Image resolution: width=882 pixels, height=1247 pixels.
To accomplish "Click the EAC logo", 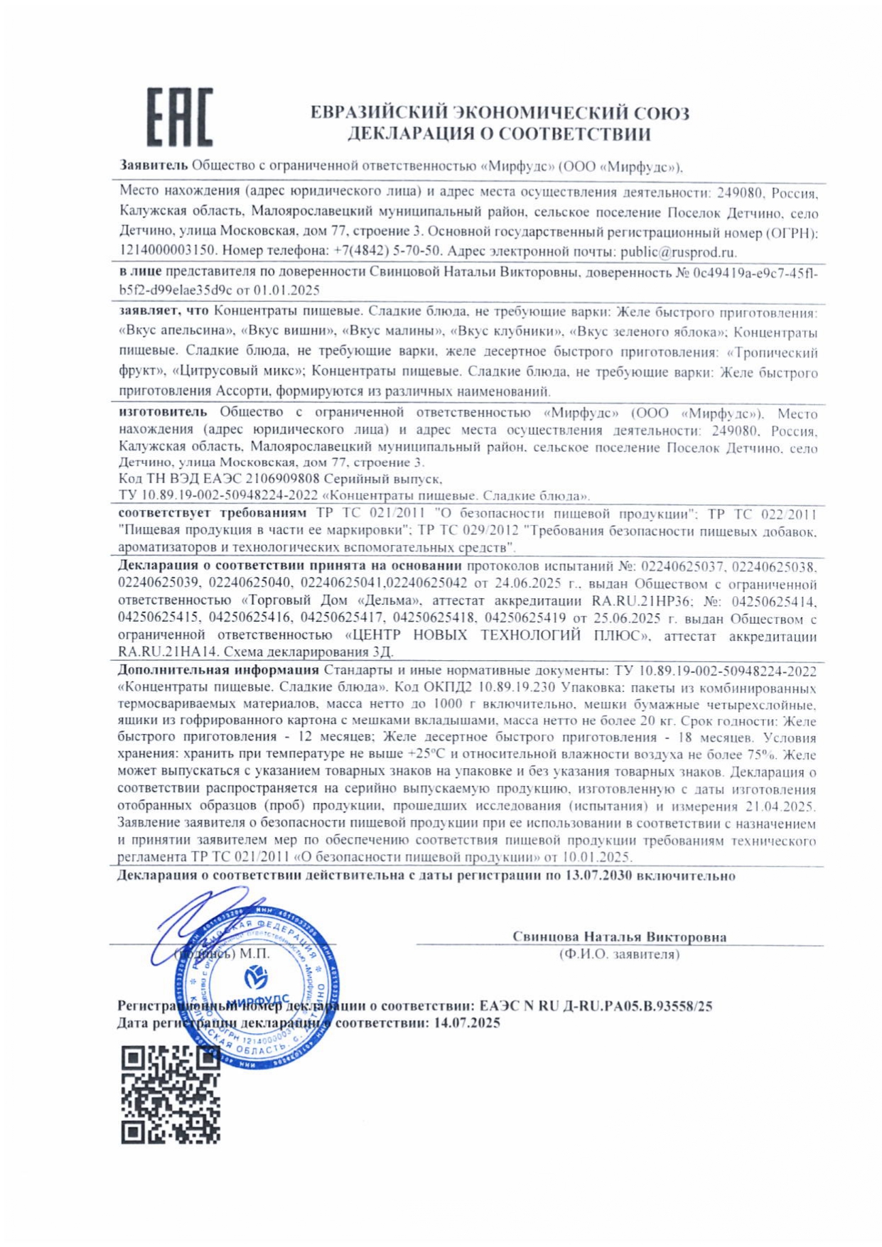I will (180, 117).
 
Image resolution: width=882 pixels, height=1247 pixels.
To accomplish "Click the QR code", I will (170, 1094).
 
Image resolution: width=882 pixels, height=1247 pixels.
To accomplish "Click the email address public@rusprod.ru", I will (678, 252).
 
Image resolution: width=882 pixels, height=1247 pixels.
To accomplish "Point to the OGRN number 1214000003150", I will (167, 252).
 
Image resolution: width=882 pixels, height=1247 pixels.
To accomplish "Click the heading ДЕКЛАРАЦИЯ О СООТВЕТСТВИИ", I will (499, 134).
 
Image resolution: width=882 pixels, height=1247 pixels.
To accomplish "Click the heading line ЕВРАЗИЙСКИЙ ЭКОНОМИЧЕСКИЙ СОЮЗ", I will (499, 112).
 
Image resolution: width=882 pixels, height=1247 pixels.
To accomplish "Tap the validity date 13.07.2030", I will (598, 876).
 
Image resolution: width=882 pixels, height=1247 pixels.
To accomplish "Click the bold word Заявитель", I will (154, 166).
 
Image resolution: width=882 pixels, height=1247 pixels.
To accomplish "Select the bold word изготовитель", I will (163, 412).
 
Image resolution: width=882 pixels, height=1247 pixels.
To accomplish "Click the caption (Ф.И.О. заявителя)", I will (619, 954).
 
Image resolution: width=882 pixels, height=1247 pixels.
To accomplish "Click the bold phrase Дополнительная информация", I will (218, 670).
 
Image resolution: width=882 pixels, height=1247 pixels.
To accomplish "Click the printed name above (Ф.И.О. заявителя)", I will (619, 936).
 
